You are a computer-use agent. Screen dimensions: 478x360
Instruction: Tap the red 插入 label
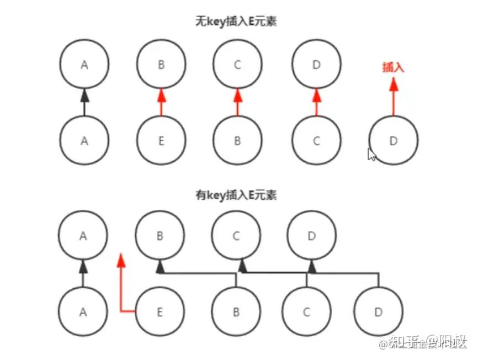(394, 67)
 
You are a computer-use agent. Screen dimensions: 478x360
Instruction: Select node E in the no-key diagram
(161, 141)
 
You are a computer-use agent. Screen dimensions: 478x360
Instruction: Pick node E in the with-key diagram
(160, 312)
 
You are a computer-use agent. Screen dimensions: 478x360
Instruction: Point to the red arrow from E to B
(161, 102)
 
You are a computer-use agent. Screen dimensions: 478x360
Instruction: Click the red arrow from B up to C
(238, 102)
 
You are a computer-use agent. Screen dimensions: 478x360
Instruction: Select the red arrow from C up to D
(316, 102)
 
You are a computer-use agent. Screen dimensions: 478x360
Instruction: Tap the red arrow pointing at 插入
(394, 97)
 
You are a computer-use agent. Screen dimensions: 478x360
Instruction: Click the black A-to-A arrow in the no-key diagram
(84, 102)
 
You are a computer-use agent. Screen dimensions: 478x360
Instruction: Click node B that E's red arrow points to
(161, 65)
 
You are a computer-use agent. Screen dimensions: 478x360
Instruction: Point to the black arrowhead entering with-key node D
(312, 268)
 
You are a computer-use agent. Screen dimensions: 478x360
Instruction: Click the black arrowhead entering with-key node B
(160, 268)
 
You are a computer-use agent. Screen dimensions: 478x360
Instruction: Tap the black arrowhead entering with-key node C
(242, 268)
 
